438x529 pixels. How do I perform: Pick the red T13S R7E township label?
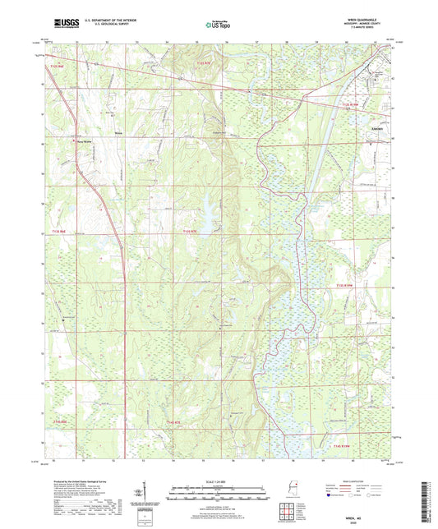191,232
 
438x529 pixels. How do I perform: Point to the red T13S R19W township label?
346,286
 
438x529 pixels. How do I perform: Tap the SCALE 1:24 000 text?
218,481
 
